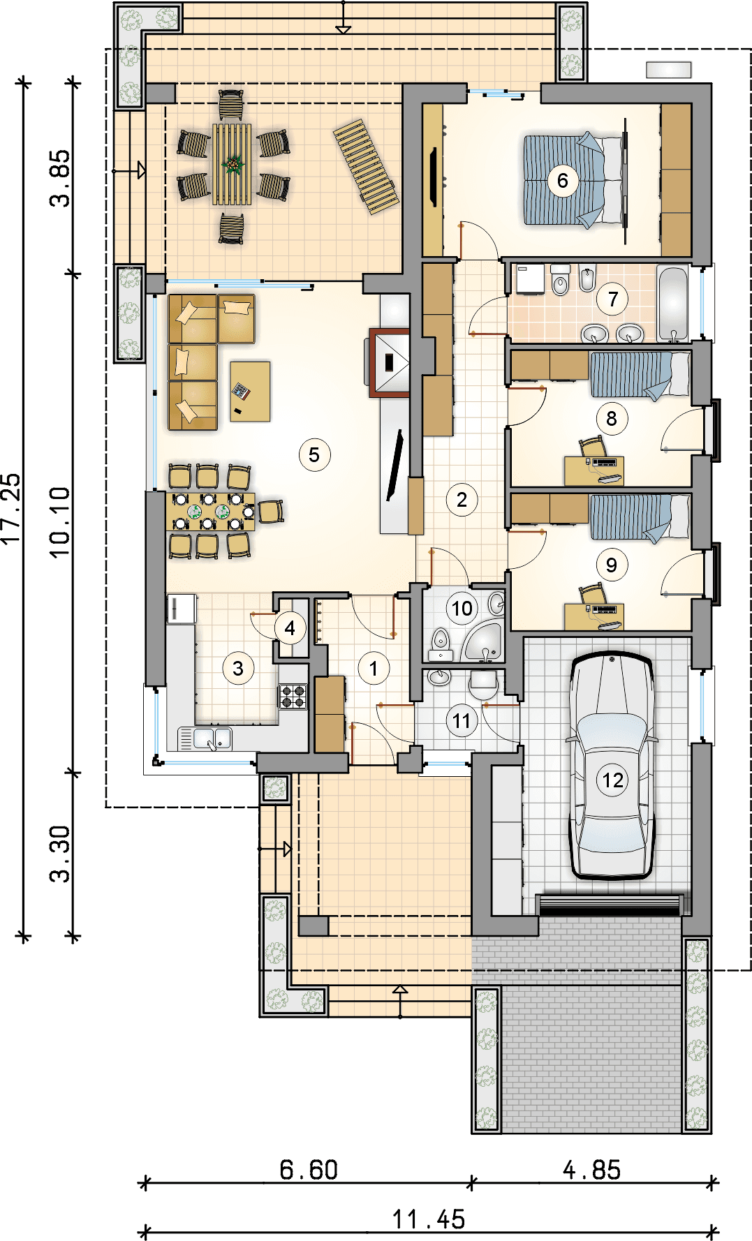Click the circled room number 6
pos(563,181)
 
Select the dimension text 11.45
pos(428,1219)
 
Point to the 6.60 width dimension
pos(309,1170)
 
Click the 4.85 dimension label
pos(591,1170)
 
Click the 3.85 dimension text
pos(61,179)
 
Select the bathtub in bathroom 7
pos(673,304)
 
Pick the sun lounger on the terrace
pos(366,166)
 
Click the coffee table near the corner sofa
pos(250,391)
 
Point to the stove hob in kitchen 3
pos(293,697)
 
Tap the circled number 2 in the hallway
pos(462,500)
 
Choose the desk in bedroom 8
pos(594,471)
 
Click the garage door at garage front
pos(610,905)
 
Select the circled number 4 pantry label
pos(290,628)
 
